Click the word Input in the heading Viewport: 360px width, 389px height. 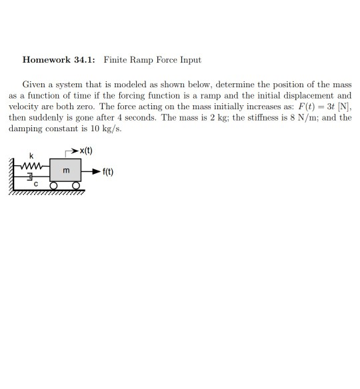click(190, 60)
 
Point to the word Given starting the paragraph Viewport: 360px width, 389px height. click(34, 85)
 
